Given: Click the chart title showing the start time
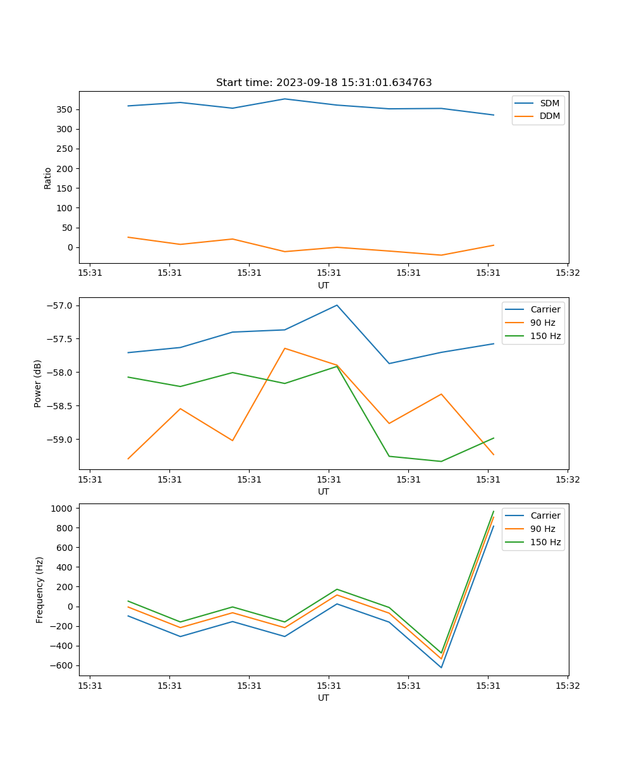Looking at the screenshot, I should tap(324, 83).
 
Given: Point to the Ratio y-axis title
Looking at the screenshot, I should tap(48, 178).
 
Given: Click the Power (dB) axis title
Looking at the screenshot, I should tap(38, 383).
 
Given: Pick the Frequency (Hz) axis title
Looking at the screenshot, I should tap(39, 589).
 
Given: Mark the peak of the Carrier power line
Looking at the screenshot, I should tap(337, 305).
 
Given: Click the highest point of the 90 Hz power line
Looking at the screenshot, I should tap(284, 348).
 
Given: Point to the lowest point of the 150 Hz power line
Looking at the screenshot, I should tap(441, 461).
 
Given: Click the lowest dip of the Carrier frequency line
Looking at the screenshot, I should tap(441, 667).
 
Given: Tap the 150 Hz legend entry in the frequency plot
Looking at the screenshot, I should tap(545, 542).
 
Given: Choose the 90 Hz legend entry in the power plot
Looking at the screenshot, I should tap(543, 323).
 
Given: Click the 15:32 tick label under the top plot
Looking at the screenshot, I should tap(567, 273).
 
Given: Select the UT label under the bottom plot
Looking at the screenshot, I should tap(324, 698).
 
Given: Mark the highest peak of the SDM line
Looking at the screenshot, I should tap(284, 99).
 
